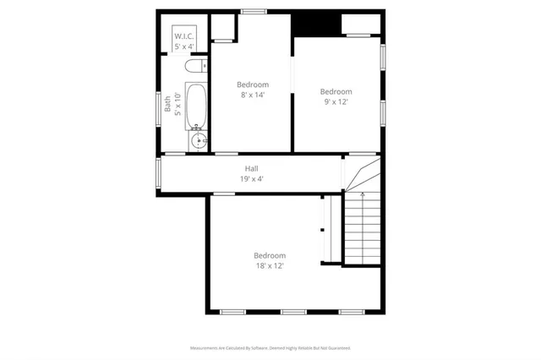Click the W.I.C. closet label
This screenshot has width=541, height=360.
[185, 36]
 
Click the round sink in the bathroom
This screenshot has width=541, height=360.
[199, 140]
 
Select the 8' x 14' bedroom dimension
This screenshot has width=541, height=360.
[252, 95]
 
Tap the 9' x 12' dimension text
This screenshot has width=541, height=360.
[336, 101]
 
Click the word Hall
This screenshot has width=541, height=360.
[251, 168]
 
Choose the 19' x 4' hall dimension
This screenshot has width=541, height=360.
[251, 179]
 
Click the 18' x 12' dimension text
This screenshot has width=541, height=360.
[270, 265]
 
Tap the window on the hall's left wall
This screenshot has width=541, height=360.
[158, 174]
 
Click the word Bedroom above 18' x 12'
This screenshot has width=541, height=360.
[270, 255]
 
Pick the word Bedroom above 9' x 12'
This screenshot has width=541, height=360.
[336, 91]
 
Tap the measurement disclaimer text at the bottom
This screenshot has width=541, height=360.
[270, 347]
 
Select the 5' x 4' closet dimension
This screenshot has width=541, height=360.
[185, 46]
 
